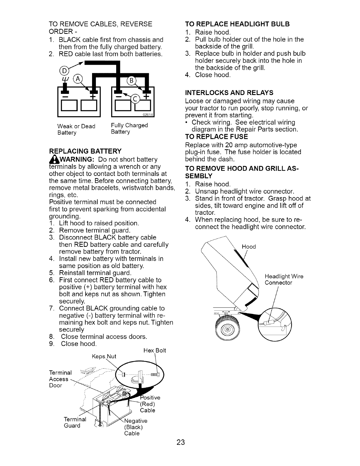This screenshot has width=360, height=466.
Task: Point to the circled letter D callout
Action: (64, 71)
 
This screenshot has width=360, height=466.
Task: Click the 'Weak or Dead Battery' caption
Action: (76, 129)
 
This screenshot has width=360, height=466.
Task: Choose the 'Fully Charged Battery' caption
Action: (129, 129)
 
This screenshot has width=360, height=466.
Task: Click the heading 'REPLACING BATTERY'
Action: (85, 151)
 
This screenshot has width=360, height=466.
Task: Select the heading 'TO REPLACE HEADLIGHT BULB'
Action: (238, 24)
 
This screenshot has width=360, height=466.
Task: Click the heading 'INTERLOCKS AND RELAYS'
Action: (229, 93)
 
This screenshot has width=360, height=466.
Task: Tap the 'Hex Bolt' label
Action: (155, 350)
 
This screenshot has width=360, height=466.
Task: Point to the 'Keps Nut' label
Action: (104, 357)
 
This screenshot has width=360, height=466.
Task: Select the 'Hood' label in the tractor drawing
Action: (249, 247)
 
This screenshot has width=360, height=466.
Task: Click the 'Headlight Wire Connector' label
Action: (284, 279)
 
